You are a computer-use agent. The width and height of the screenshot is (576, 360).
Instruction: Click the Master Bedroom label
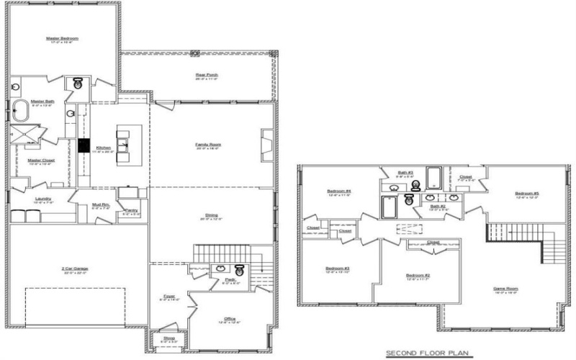click(62, 37)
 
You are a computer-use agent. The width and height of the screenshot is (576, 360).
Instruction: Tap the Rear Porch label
click(207, 75)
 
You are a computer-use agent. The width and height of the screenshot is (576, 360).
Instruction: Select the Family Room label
click(208, 145)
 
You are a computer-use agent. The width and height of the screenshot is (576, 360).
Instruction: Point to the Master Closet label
click(41, 161)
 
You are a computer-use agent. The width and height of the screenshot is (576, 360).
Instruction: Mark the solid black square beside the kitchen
click(83, 145)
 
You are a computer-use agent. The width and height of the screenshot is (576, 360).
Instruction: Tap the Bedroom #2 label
click(417, 276)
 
